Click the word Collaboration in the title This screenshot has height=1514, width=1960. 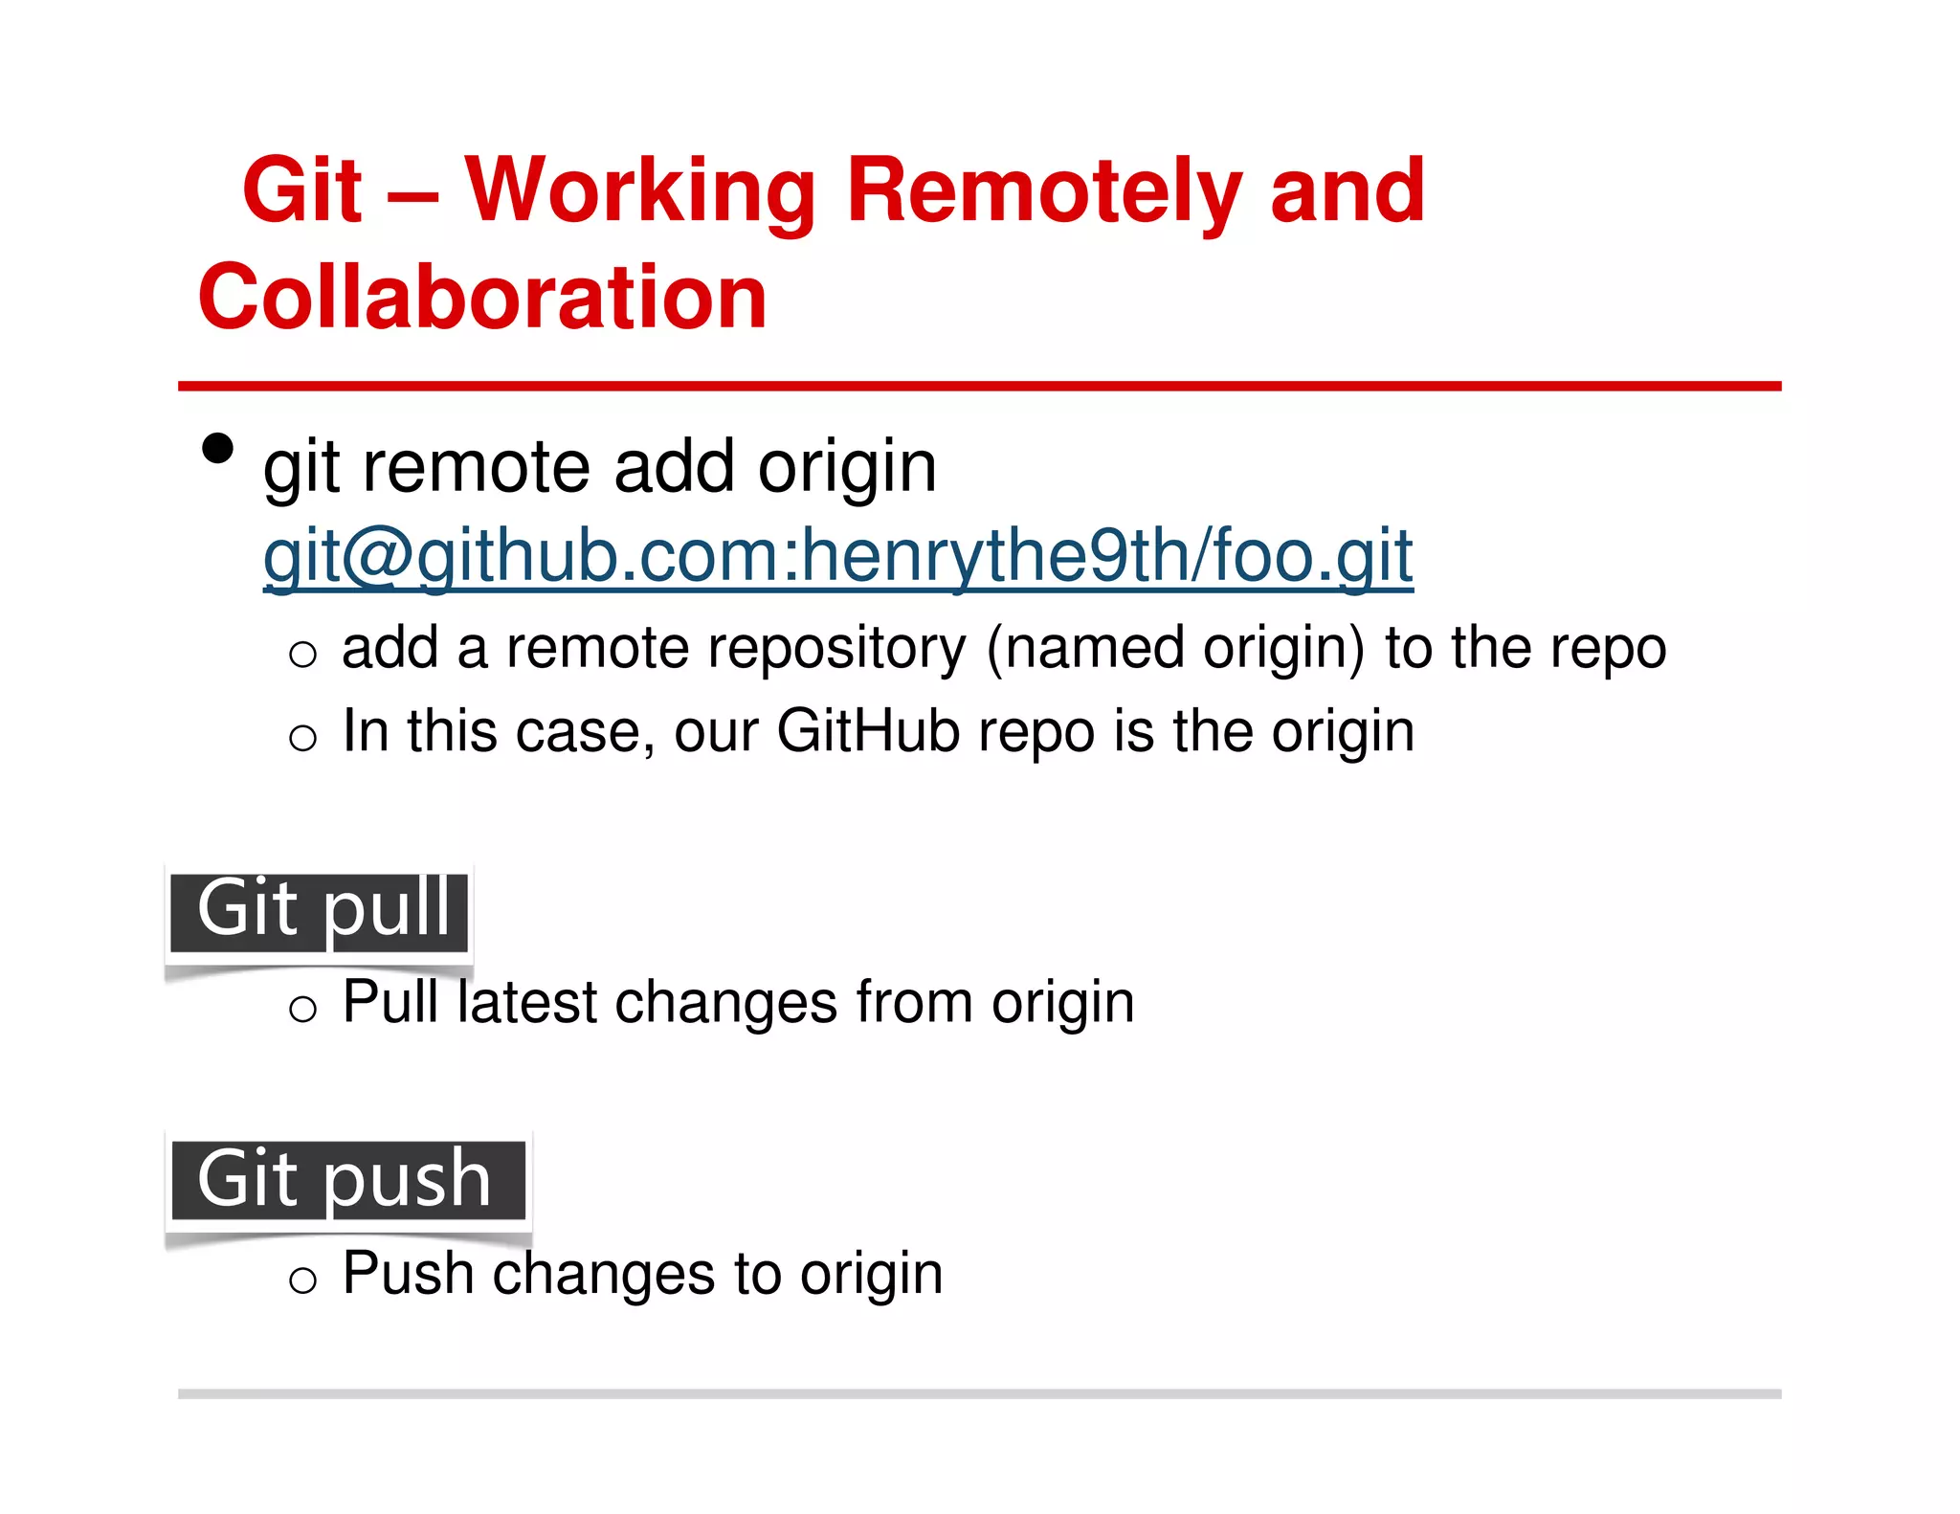click(482, 297)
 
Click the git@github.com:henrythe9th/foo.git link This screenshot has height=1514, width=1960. click(837, 556)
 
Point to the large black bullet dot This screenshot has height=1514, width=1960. click(218, 448)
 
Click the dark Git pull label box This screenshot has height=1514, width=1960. click(320, 911)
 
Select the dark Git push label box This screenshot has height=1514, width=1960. click(347, 1179)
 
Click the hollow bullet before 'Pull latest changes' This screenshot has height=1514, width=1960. click(302, 1008)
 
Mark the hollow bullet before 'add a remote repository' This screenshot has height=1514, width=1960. click(302, 654)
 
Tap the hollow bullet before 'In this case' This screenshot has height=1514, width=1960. click(302, 737)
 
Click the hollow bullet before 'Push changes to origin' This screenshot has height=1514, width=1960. click(302, 1279)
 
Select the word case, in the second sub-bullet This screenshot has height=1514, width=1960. click(586, 733)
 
